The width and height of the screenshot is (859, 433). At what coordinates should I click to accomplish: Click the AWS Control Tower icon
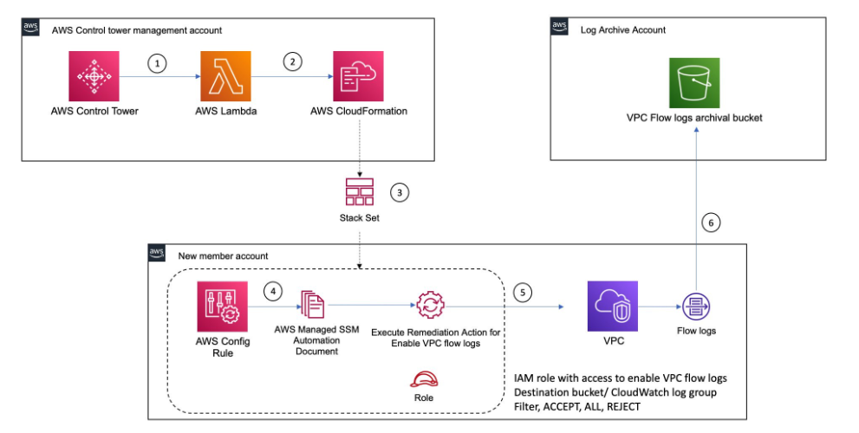coord(94,76)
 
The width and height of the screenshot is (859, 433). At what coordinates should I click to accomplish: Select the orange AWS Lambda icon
coord(225,76)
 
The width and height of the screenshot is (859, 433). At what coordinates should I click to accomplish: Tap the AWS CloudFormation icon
coord(358,76)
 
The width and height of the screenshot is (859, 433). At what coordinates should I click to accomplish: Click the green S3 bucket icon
coord(694,82)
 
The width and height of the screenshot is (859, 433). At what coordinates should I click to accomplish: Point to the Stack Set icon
coord(360,192)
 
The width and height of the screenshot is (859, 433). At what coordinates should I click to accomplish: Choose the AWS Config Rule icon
coord(223,307)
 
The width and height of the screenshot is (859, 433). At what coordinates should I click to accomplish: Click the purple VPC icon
coord(613,306)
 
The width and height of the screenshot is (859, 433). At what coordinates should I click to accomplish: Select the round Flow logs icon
coord(696,307)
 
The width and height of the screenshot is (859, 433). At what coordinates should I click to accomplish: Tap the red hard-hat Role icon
coord(424,378)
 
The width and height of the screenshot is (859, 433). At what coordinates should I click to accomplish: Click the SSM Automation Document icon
coord(313,305)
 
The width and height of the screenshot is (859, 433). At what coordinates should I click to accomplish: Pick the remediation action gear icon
coord(430,306)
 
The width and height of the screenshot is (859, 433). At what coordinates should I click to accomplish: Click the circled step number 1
coord(157,64)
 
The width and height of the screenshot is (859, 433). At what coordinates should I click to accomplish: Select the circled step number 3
coord(400,193)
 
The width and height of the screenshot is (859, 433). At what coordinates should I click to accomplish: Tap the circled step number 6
coord(711,223)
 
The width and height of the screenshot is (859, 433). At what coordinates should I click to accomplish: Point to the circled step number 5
coord(523,293)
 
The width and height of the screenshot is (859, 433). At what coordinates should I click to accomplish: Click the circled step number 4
coord(273,291)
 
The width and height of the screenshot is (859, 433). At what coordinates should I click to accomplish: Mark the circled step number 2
coord(292,61)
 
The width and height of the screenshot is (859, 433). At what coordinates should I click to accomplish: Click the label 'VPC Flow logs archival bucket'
coord(694,118)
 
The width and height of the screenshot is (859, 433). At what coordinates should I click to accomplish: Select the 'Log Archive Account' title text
coord(623,30)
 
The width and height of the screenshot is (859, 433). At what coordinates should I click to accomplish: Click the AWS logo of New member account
coord(157,253)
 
